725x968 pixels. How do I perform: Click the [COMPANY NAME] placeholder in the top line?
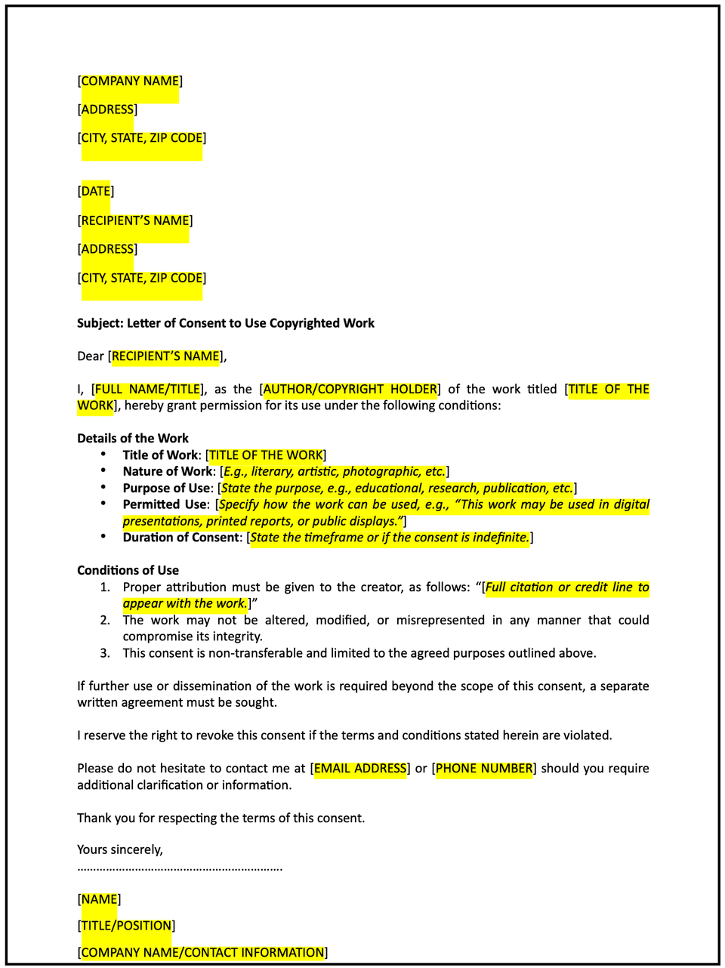130,82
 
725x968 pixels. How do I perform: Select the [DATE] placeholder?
96,191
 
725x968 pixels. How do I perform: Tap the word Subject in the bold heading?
100,323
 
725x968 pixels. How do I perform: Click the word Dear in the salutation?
91,356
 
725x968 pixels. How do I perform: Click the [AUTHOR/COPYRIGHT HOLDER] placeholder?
350,390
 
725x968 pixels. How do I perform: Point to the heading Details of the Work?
133,438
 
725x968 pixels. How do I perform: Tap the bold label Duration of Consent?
181,538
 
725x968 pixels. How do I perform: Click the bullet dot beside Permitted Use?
103,503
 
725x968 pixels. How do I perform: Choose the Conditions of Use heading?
128,570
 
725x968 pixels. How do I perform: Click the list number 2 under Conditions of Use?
105,621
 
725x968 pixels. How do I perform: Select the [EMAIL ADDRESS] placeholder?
360,769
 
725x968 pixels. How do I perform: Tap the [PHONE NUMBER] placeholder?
484,769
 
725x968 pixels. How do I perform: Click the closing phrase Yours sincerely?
119,849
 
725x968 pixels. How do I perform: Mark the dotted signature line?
180,869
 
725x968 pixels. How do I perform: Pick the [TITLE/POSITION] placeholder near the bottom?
126,926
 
